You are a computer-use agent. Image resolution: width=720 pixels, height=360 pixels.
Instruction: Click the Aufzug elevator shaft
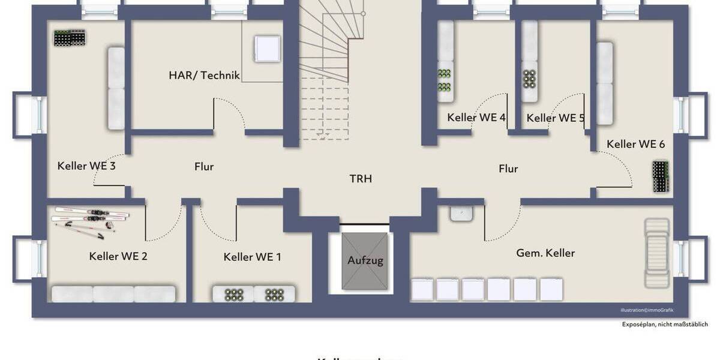[x=365, y=260]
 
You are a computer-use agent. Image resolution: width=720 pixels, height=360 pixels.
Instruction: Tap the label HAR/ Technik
[x=204, y=76]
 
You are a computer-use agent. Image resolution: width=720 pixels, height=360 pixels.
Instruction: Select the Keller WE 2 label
[x=118, y=257]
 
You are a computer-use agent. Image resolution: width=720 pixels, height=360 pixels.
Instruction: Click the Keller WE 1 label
[x=252, y=257]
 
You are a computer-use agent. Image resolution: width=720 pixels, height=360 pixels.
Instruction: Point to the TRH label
[x=361, y=179]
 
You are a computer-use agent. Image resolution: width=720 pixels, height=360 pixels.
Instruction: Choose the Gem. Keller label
[x=545, y=253]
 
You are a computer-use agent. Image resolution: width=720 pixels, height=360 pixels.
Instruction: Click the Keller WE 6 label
[x=635, y=144]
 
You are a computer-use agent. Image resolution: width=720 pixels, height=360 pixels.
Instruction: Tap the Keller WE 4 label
[x=476, y=118]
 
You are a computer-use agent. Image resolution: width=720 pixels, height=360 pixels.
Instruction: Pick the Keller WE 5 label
[x=556, y=118]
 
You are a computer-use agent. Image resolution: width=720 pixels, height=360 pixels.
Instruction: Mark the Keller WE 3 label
[x=86, y=166]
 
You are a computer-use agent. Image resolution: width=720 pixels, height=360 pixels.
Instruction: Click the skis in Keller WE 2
[x=91, y=219]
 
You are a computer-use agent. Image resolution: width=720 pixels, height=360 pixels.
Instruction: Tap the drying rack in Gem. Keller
[x=656, y=252]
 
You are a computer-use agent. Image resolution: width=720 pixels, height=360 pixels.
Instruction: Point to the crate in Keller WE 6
[x=661, y=176]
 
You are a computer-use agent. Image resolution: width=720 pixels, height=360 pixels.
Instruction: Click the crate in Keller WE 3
[x=70, y=38]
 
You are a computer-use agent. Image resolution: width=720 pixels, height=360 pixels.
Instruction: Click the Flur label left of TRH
[x=204, y=167]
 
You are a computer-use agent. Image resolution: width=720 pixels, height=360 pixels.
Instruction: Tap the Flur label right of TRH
[x=508, y=169]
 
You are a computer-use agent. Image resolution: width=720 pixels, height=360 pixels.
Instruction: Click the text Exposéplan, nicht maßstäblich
[x=665, y=325]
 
